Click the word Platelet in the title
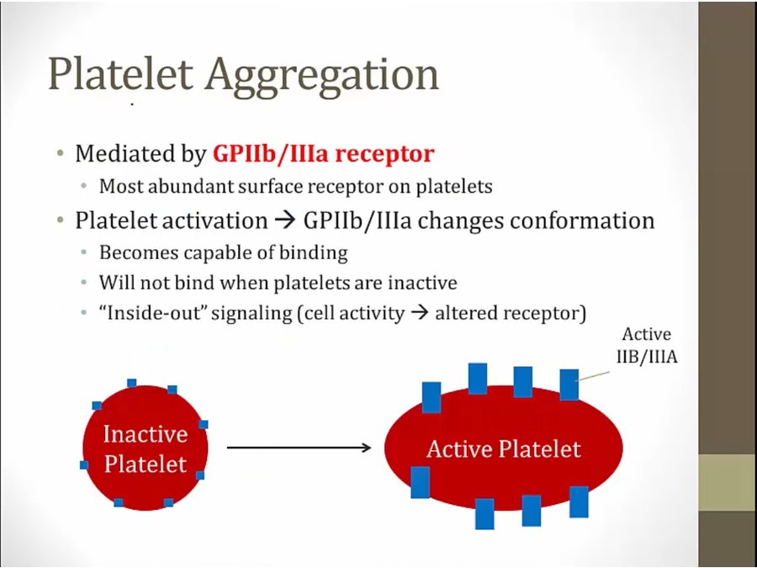[120, 74]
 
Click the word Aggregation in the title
[322, 77]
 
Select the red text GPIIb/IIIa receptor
[324, 154]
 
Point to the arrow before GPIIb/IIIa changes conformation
[284, 221]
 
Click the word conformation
[582, 220]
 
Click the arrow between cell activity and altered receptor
[419, 313]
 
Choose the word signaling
[251, 314]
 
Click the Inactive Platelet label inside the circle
[146, 449]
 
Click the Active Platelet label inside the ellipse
[504, 449]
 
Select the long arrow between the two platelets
[299, 448]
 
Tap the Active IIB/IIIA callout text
[647, 345]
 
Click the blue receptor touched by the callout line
[569, 385]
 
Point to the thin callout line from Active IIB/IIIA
[593, 376]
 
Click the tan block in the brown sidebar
[728, 482]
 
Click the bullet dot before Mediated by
[61, 154]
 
